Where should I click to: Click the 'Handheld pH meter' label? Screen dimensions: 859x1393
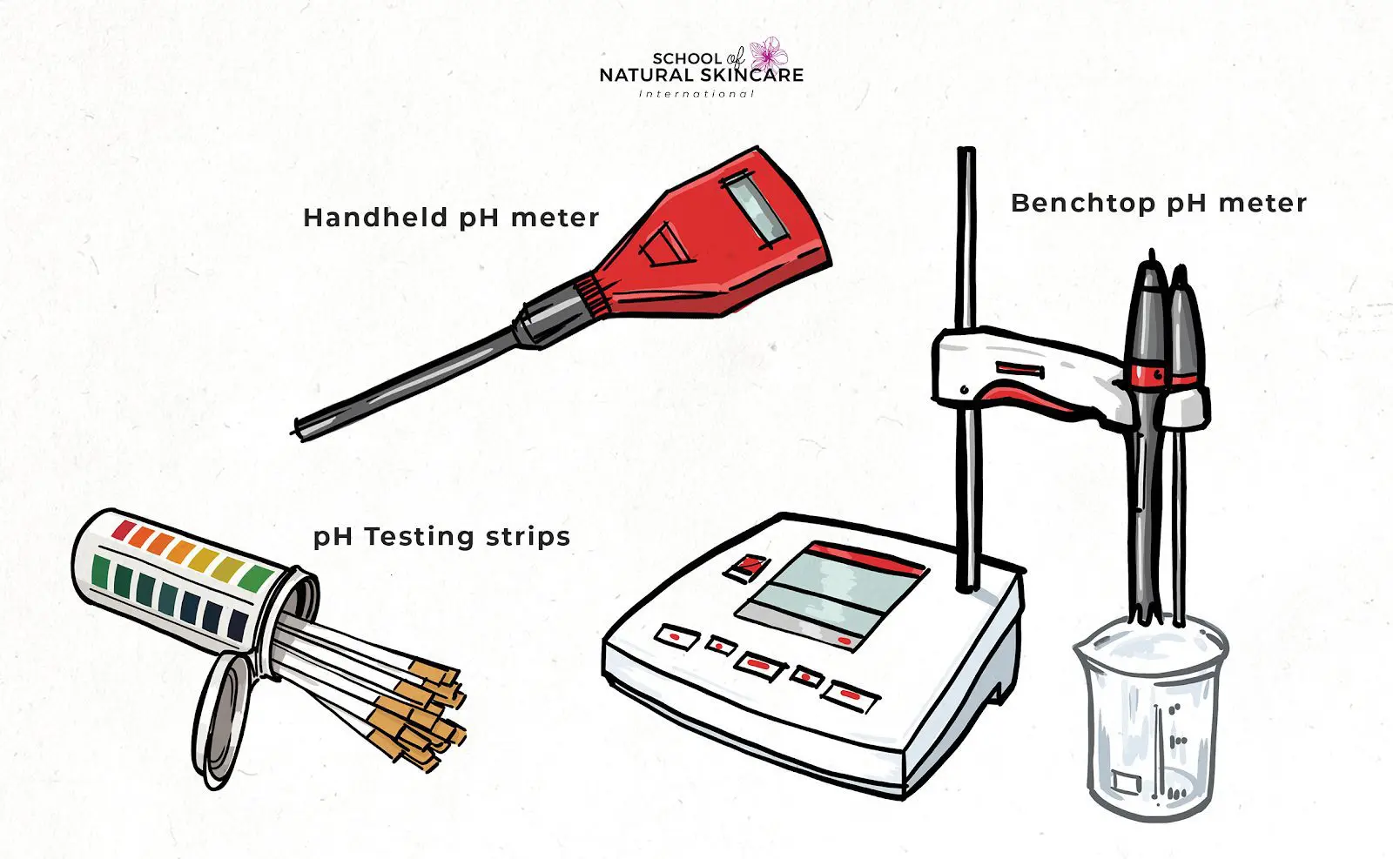pyautogui.click(x=451, y=218)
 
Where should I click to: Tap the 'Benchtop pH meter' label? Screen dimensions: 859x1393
pyautogui.click(x=1158, y=204)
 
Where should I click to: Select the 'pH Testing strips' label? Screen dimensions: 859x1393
pyautogui.click(x=441, y=537)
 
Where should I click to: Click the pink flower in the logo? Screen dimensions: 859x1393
pyautogui.click(x=768, y=54)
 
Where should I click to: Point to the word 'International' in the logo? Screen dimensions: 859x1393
pyautogui.click(x=696, y=93)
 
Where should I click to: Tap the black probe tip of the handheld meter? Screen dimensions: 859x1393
pyautogui.click(x=300, y=427)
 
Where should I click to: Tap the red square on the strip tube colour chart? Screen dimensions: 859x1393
pyautogui.click(x=123, y=529)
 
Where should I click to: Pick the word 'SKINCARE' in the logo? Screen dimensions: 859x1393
pyautogui.click(x=751, y=76)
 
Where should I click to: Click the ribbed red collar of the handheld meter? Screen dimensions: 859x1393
pyautogui.click(x=592, y=292)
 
